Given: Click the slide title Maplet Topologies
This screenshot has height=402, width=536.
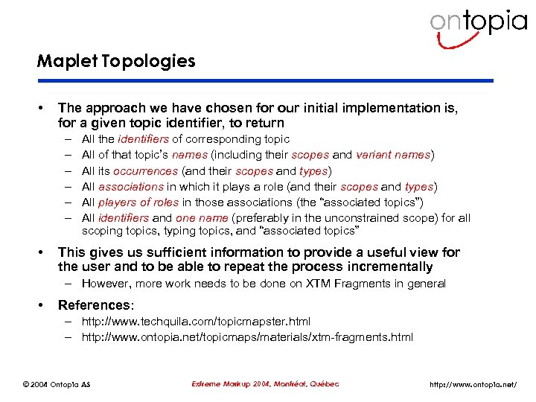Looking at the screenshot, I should pos(116,61).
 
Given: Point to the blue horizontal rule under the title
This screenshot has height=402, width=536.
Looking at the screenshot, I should pos(265,80).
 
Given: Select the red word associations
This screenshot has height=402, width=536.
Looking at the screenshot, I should pos(131,186).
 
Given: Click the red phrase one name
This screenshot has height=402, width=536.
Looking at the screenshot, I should pos(197,217).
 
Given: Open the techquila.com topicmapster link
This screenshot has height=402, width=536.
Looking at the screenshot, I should pos(196,322).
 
